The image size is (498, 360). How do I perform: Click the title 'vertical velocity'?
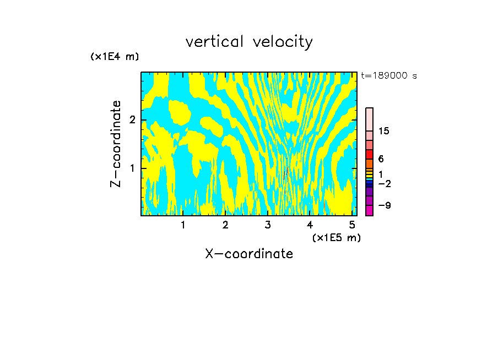(x=249, y=42)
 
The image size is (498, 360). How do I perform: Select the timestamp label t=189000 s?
(x=388, y=75)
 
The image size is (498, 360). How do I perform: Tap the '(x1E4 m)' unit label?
(x=115, y=57)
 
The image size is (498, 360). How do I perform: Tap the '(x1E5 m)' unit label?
(x=337, y=237)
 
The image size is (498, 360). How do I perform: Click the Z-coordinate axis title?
(x=116, y=144)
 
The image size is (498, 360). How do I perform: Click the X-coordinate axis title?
(x=249, y=254)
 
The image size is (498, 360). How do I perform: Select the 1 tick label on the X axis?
(x=183, y=225)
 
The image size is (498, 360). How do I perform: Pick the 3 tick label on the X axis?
(x=268, y=225)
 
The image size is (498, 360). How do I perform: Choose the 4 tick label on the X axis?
(x=310, y=225)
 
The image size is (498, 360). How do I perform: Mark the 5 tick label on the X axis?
(x=352, y=225)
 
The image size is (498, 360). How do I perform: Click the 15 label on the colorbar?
(x=384, y=131)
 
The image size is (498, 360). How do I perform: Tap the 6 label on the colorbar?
(x=381, y=159)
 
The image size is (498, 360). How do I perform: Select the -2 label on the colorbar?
(x=384, y=184)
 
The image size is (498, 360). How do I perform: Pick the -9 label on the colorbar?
(x=384, y=205)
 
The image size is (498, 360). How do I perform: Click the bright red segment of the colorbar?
(x=369, y=154)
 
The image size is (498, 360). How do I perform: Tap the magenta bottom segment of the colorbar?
(x=369, y=210)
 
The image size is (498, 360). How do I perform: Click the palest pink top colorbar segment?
(x=369, y=119)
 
